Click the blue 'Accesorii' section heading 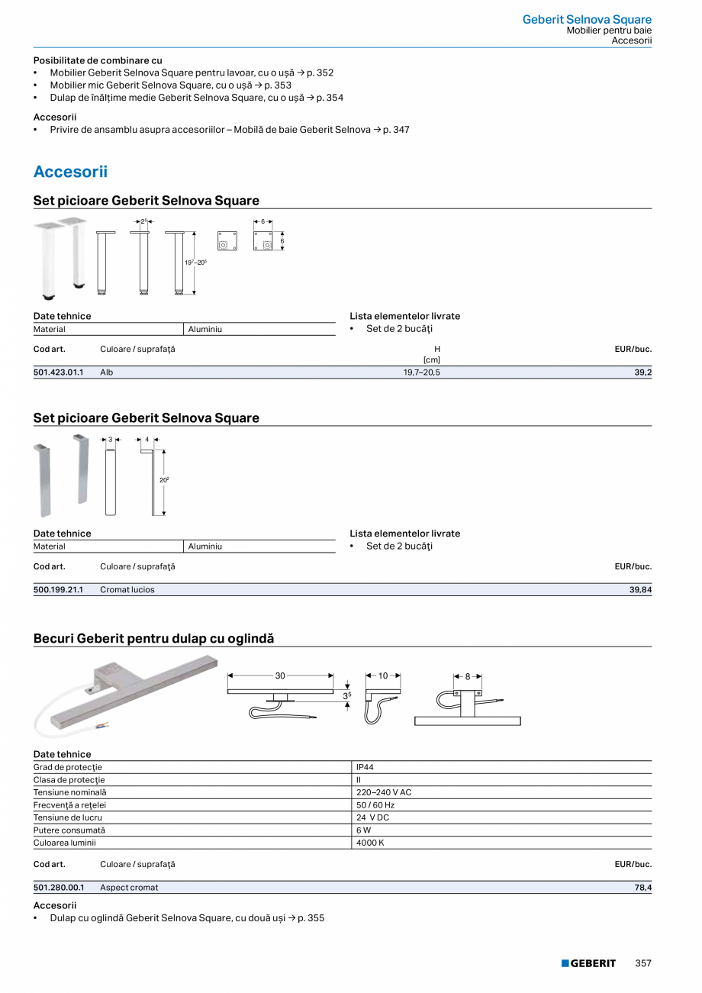click(x=70, y=172)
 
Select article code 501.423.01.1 click(x=58, y=372)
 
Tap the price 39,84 click(x=640, y=590)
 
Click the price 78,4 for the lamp click(x=642, y=888)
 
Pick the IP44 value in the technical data click(x=365, y=767)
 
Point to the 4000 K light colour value click(x=370, y=843)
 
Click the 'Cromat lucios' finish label click(x=127, y=590)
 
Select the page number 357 click(x=643, y=963)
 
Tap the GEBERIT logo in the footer click(x=588, y=963)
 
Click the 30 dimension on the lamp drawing click(x=280, y=675)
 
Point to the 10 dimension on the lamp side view click(x=383, y=675)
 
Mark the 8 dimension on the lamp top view click(x=468, y=676)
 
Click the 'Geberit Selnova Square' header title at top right click(x=587, y=20)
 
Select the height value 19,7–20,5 click(x=421, y=372)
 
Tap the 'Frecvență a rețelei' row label click(x=69, y=805)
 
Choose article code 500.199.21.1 click(x=58, y=590)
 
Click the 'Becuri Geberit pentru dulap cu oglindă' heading click(x=153, y=638)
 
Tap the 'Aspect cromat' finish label click(x=129, y=888)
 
